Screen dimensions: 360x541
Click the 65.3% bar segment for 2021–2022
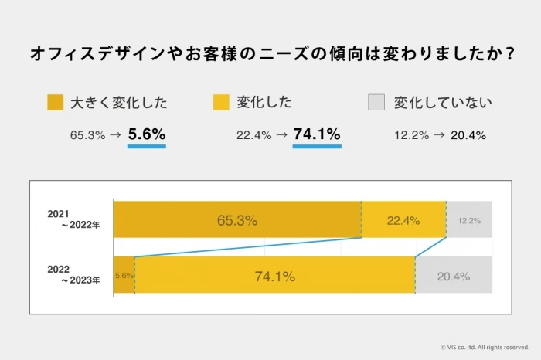(237, 220)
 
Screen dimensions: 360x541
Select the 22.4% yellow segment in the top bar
(403, 220)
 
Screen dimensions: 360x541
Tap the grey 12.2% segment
(469, 220)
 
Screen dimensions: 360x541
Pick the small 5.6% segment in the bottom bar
(124, 276)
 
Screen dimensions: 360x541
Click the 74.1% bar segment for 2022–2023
(274, 276)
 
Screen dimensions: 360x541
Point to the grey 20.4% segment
(454, 276)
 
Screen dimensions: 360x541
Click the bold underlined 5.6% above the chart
(147, 134)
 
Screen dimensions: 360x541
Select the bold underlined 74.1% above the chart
(317, 134)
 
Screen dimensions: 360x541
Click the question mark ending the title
(510, 55)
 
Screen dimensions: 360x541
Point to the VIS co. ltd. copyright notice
(484, 347)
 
